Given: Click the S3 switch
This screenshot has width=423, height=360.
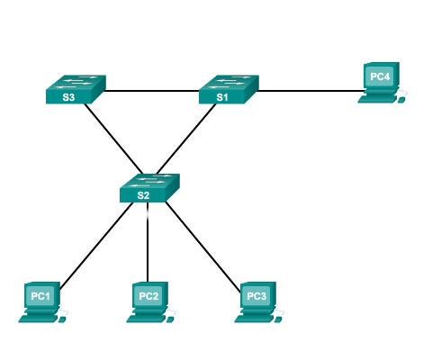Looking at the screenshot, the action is click(76, 89).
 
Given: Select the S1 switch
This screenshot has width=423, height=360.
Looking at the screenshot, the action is click(229, 89).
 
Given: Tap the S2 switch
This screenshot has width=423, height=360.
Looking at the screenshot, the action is click(149, 188).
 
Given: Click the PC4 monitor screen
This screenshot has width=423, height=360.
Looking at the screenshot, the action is click(380, 76).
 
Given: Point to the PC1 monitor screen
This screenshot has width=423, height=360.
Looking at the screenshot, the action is click(40, 296).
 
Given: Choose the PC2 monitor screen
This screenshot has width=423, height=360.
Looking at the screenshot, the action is click(148, 296).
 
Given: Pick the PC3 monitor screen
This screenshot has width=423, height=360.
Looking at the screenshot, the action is click(256, 296).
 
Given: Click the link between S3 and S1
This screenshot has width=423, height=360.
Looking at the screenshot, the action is click(151, 91).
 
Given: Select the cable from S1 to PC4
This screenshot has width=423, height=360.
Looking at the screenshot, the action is click(310, 91).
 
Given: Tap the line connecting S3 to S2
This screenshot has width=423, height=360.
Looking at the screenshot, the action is click(113, 139).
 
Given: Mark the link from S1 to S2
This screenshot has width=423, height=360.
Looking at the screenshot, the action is click(186, 139).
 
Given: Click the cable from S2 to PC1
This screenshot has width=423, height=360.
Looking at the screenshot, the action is click(96, 246).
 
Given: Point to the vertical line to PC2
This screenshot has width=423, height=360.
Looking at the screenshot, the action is click(148, 242).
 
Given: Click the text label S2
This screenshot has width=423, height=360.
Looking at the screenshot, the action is click(143, 195).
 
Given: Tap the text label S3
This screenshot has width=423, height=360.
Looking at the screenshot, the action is click(68, 97).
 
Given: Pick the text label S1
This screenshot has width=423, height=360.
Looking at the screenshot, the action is click(222, 97).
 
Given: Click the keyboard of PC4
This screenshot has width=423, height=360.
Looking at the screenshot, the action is click(377, 99).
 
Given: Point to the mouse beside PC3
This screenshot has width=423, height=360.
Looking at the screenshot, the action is click(277, 320).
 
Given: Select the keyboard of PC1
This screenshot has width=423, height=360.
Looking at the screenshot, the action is click(38, 319).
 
